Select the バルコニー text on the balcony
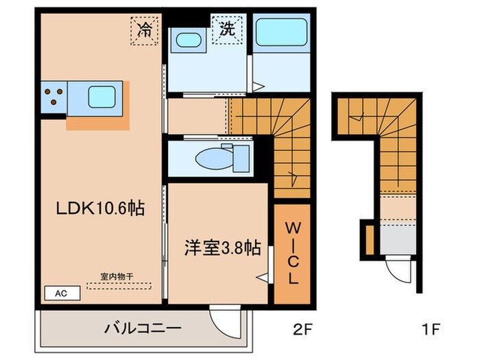click(143, 328)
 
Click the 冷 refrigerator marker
click(145, 30)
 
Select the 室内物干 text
click(116, 276)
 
